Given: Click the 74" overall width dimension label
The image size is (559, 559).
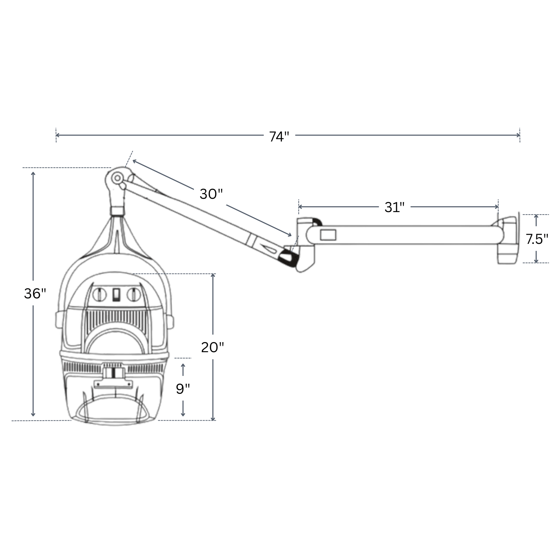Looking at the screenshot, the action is coord(279,137).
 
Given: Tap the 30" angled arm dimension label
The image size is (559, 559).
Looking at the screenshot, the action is coord(211,194).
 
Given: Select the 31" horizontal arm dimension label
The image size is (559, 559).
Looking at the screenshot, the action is coord(394,207).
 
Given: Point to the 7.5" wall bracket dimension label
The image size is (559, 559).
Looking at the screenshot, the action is coord(537,239).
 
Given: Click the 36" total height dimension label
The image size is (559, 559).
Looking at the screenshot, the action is coord(35,293).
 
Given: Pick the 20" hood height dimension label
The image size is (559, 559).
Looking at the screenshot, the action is coord(212,347).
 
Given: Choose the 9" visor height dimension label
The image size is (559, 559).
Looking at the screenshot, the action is coord(183,388).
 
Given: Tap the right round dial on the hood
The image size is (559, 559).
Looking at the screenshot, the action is coord(133,295).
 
